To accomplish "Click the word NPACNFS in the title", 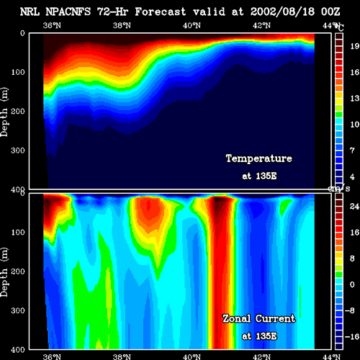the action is tap(68, 12).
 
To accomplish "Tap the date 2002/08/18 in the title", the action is tap(282, 12).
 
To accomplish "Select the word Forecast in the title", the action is tap(161, 12).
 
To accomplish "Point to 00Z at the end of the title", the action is tap(330, 12).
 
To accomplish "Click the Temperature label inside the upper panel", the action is tap(259, 158).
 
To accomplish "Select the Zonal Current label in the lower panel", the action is tap(259, 319).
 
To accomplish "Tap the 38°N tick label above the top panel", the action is tap(122, 25).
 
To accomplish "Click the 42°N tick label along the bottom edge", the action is tap(261, 356).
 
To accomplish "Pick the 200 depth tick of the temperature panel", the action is tap(18, 111).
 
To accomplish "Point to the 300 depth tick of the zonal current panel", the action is tap(18, 310).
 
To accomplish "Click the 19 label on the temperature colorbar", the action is tap(354, 46).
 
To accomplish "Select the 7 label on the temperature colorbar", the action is tap(352, 150).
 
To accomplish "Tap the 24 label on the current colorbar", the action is tap(354, 206).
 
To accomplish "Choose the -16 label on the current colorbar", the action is tap(352, 337).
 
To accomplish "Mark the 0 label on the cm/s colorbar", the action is tap(352, 284).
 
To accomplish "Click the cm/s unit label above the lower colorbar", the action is tap(339, 189).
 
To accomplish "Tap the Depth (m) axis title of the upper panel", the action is tap(4, 112).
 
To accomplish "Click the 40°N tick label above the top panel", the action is tap(192, 25).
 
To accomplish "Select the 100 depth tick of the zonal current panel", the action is tap(18, 233).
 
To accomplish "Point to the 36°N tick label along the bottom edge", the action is tap(52, 356).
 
